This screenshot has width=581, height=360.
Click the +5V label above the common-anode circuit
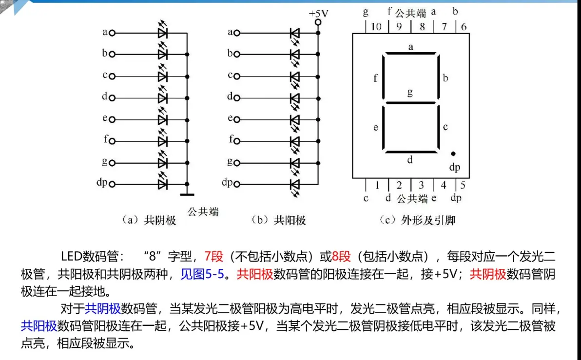(318, 14)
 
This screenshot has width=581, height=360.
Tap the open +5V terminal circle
(318, 22)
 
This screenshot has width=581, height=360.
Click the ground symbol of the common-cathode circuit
(187, 194)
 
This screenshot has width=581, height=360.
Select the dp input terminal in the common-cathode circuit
(112, 184)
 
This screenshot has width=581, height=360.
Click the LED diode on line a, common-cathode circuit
(163, 33)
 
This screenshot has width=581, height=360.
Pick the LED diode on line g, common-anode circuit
(294, 163)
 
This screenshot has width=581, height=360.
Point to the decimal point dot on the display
(453, 154)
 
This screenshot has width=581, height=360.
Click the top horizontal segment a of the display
(410, 54)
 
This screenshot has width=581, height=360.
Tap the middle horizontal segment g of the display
(410, 103)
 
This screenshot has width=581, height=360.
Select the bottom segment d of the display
(410, 152)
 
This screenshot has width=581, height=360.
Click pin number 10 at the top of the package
(376, 27)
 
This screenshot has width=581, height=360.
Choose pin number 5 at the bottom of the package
(463, 185)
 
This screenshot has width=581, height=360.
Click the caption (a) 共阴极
(149, 220)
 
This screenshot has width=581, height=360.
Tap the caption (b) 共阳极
(279, 220)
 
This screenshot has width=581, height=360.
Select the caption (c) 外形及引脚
(417, 220)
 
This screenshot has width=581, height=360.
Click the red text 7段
(214, 256)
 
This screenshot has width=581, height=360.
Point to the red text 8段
(341, 256)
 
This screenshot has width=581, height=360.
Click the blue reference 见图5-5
(202, 274)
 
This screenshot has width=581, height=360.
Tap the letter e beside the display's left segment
(376, 128)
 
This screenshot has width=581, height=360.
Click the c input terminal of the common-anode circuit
(237, 76)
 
